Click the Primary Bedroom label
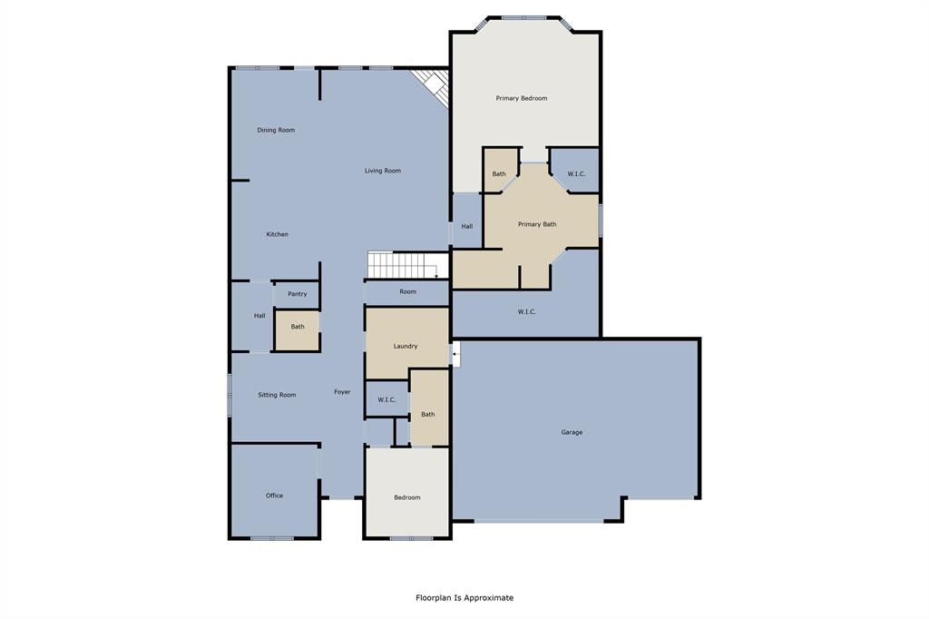pyautogui.click(x=521, y=98)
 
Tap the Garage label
pyautogui.click(x=572, y=432)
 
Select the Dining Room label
pyautogui.click(x=276, y=130)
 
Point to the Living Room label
pyautogui.click(x=383, y=171)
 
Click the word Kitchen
pyautogui.click(x=277, y=234)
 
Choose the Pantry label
pyautogui.click(x=297, y=294)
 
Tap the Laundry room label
pyautogui.click(x=406, y=346)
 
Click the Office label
pyautogui.click(x=274, y=496)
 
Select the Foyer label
pyautogui.click(x=342, y=392)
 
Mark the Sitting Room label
pyautogui.click(x=277, y=395)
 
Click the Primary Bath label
pyautogui.click(x=537, y=224)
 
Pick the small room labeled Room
pyautogui.click(x=408, y=291)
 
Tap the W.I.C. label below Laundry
pyautogui.click(x=386, y=399)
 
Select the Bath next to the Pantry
pyautogui.click(x=298, y=327)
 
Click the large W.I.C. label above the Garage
pyautogui.click(x=526, y=311)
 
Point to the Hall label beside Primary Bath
pyautogui.click(x=466, y=226)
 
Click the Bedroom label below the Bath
pyautogui.click(x=407, y=497)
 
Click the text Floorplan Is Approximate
pyautogui.click(x=464, y=597)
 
